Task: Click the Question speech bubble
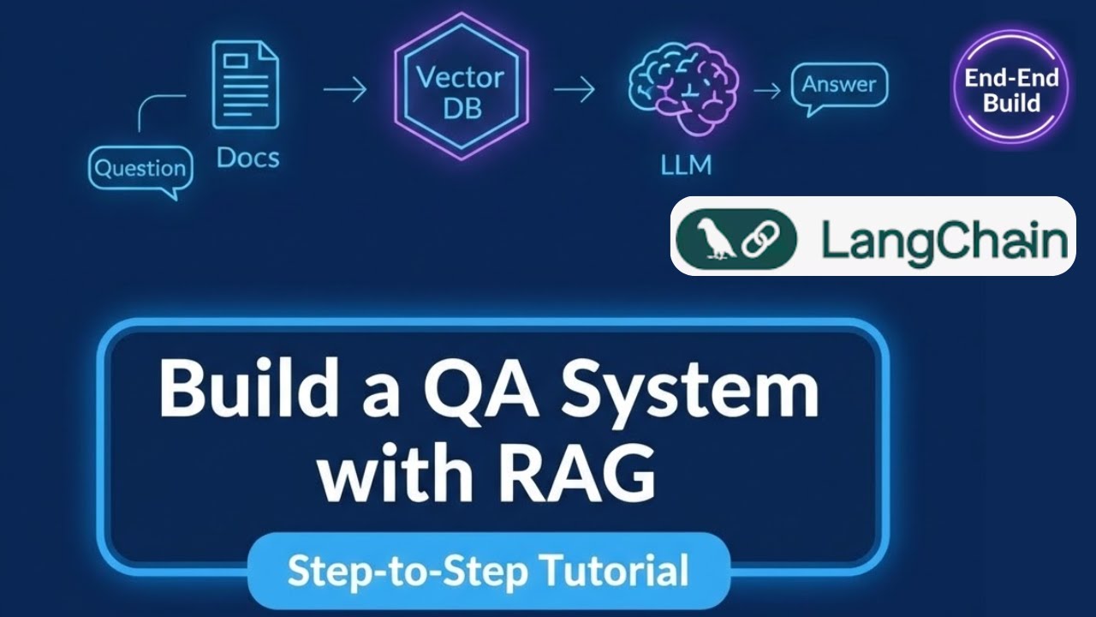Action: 140,169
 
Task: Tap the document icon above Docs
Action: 246,86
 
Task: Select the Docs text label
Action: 247,158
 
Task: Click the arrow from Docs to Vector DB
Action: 345,89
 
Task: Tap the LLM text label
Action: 686,165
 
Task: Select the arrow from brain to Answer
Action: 767,90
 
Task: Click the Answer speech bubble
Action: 839,86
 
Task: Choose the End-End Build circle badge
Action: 1011,90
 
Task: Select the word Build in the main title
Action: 243,390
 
